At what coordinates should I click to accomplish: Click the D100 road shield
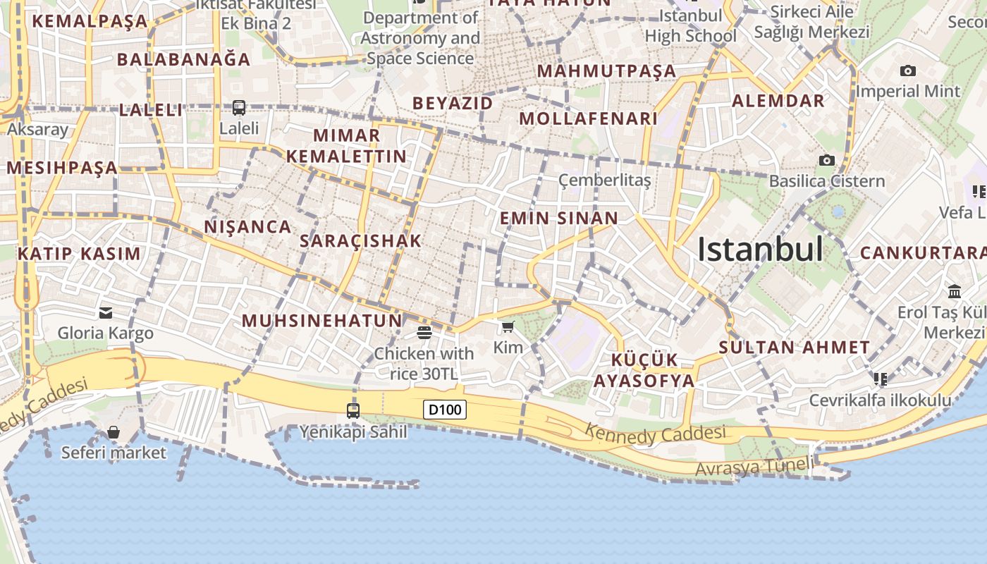click(x=445, y=410)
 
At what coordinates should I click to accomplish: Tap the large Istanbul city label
click(x=760, y=250)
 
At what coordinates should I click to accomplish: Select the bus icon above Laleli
click(x=239, y=108)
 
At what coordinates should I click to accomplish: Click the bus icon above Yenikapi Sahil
click(x=353, y=410)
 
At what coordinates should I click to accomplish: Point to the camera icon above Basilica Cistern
click(x=827, y=161)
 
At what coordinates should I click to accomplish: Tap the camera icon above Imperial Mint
click(x=908, y=70)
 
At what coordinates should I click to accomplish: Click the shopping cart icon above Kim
click(x=508, y=327)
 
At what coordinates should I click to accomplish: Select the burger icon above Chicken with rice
click(x=424, y=332)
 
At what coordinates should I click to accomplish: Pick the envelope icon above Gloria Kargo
click(x=106, y=313)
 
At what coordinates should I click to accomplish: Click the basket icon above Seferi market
click(x=114, y=432)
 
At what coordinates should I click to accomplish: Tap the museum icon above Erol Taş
click(x=955, y=292)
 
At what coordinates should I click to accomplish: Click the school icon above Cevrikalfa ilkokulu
click(x=881, y=379)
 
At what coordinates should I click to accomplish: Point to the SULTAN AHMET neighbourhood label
click(x=795, y=348)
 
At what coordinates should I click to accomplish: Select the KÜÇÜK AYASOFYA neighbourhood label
click(x=644, y=371)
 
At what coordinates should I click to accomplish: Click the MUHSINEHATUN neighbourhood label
click(x=322, y=321)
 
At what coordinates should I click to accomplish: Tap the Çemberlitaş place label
click(x=604, y=180)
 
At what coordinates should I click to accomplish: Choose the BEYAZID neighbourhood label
click(x=453, y=103)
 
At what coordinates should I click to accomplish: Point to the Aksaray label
click(x=37, y=130)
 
